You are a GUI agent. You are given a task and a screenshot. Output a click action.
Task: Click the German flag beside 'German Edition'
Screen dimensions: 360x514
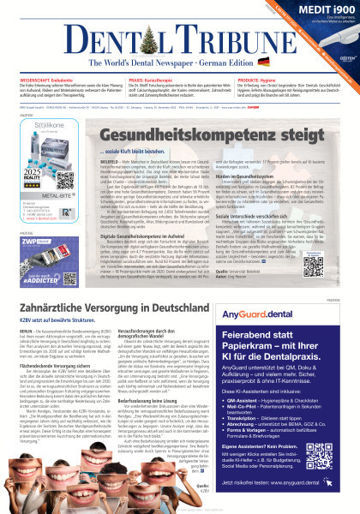(x=263, y=62)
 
